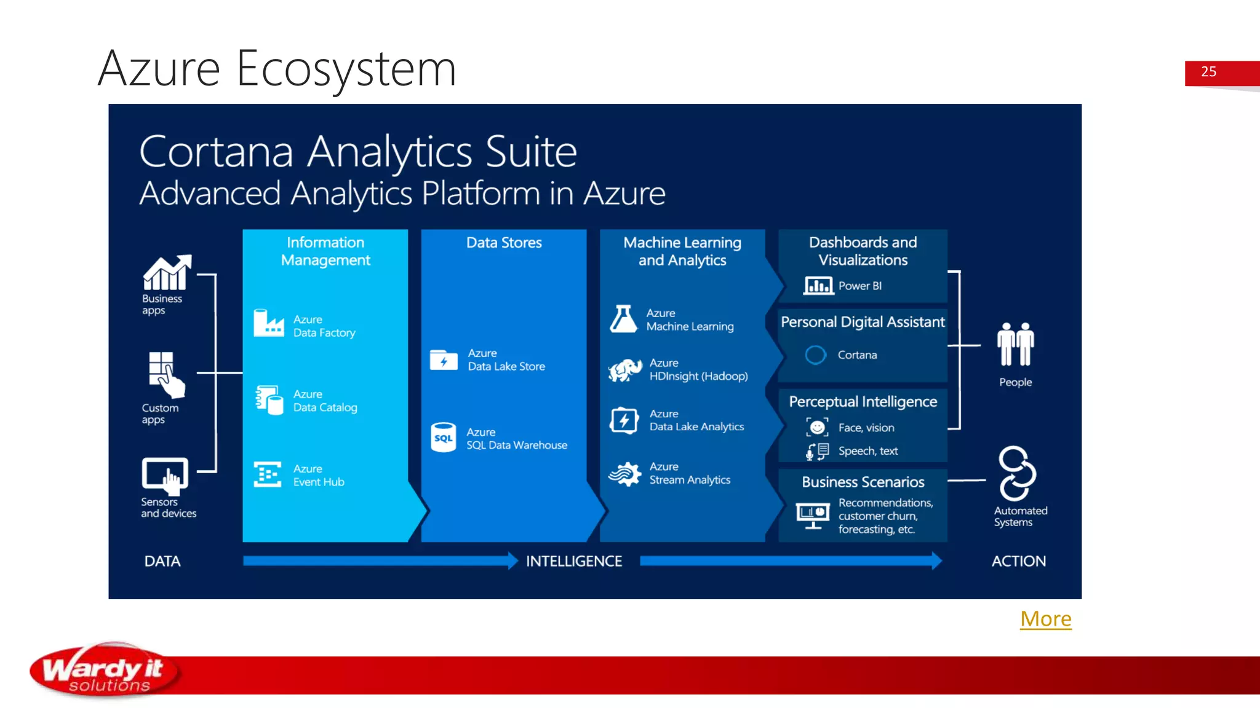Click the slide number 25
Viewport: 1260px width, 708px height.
click(1208, 72)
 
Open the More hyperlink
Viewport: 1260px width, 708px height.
click(1045, 618)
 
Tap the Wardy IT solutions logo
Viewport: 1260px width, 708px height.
click(105, 671)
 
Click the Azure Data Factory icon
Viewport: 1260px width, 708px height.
click(269, 323)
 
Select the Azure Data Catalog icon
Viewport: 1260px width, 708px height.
click(269, 400)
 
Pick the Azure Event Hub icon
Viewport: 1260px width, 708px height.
click(268, 474)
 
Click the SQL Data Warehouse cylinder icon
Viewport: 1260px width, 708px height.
click(443, 438)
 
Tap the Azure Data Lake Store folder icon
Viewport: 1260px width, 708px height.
click(444, 360)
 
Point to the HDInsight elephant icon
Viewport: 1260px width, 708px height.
click(625, 370)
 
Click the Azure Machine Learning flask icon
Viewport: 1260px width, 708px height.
click(623, 319)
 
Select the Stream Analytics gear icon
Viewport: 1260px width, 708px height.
click(625, 474)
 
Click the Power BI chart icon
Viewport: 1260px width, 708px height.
click(818, 286)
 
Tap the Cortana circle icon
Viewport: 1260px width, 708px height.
click(816, 355)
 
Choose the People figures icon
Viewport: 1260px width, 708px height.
click(1015, 344)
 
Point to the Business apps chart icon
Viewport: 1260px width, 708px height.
click(167, 272)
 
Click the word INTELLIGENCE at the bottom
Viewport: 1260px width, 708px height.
click(573, 561)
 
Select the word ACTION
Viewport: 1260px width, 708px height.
click(1018, 561)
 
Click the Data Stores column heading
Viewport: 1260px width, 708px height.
click(504, 243)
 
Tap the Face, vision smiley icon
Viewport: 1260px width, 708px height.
click(817, 427)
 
